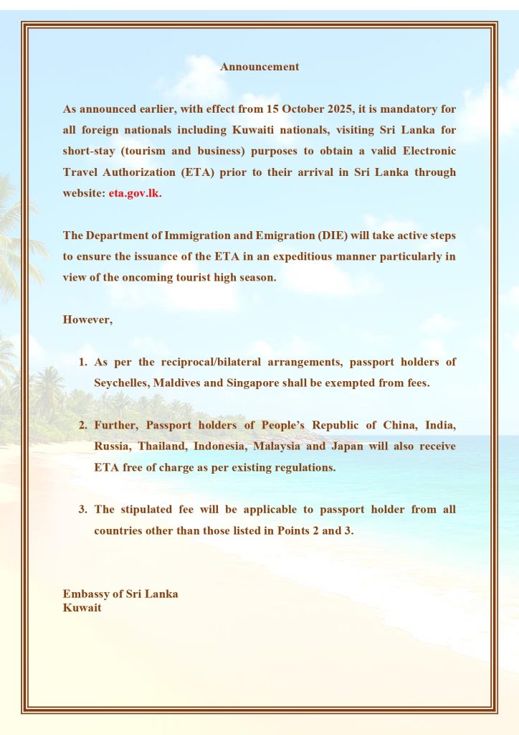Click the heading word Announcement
[x=259, y=67]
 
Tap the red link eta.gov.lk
[x=135, y=194]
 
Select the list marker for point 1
[x=83, y=362]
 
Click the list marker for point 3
[x=83, y=510]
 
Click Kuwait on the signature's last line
[x=82, y=608]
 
